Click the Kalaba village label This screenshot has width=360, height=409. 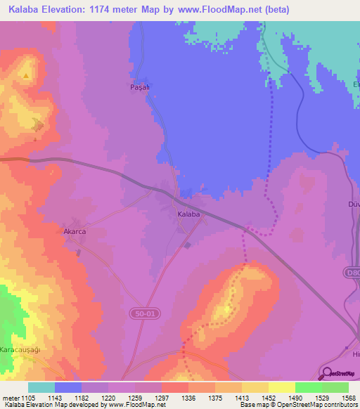pos(188,213)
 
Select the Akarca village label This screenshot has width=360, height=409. pos(75,231)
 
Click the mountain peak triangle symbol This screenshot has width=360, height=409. pos(27,75)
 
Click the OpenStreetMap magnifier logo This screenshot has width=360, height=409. pos(328,373)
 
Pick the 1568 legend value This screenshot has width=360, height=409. pos(349,398)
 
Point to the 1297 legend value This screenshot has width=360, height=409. pos(161,398)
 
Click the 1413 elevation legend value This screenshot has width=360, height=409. pos(241,398)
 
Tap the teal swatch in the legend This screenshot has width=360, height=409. pos(41,387)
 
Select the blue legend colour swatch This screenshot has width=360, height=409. pos(67,387)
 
